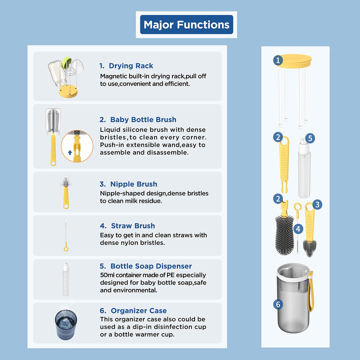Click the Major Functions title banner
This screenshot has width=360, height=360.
click(186, 24)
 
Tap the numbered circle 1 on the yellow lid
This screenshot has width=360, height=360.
click(278, 60)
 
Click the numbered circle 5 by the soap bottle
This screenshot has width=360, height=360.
click(310, 138)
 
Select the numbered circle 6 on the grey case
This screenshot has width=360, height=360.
click(278, 304)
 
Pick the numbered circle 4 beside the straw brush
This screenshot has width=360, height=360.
click(298, 229)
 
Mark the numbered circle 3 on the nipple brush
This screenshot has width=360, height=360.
click(317, 204)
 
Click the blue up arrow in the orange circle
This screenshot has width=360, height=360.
click(70, 152)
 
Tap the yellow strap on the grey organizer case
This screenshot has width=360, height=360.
click(310, 291)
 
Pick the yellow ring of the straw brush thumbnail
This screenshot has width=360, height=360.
click(66, 248)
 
